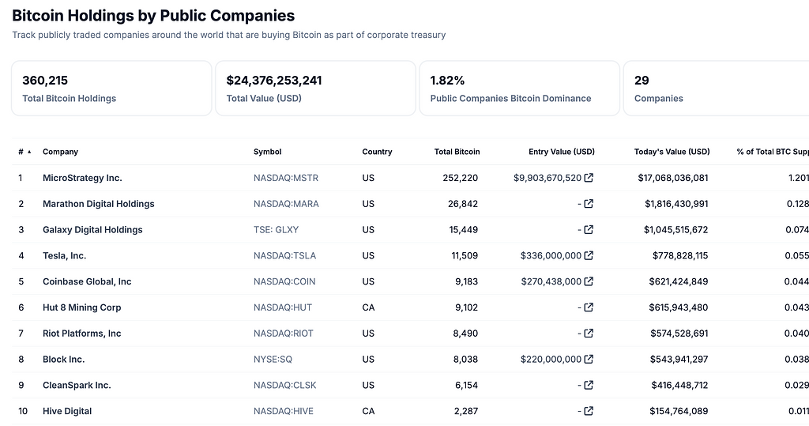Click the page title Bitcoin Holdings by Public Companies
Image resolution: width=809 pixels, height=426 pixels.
click(x=153, y=16)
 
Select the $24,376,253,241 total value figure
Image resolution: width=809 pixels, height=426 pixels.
click(x=273, y=81)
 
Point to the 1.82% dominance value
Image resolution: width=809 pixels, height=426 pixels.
click(x=447, y=81)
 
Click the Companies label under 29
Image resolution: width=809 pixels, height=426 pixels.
click(x=658, y=99)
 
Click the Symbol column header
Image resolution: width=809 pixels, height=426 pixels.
click(x=267, y=152)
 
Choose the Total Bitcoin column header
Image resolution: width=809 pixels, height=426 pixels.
click(x=457, y=152)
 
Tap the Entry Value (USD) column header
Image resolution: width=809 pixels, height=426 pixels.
click(x=561, y=152)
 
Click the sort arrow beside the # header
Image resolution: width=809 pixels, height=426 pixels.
click(x=29, y=152)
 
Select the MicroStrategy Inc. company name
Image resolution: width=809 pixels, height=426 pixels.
click(x=82, y=178)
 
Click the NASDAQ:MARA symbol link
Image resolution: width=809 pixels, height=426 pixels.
click(x=286, y=204)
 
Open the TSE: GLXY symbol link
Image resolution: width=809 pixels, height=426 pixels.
click(x=276, y=230)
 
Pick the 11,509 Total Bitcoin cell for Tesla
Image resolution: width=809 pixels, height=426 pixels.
click(x=461, y=256)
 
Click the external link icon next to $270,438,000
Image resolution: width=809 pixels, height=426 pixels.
click(x=589, y=281)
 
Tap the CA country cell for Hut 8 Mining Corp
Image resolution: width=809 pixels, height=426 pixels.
click(x=368, y=307)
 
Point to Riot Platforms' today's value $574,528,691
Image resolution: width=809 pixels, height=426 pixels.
click(x=673, y=334)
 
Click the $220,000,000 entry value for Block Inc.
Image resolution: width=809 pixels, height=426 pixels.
click(x=551, y=360)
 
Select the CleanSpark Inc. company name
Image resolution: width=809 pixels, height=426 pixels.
click(x=77, y=386)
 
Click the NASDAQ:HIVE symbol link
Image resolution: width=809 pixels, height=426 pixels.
click(x=283, y=412)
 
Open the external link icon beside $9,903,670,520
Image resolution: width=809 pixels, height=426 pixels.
click(x=589, y=178)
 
